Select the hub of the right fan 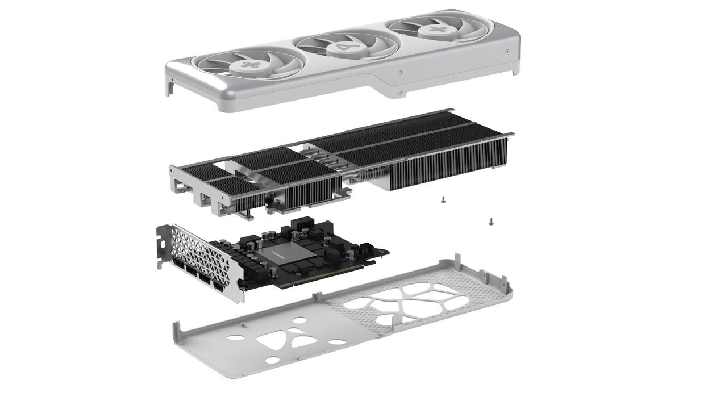click(436, 29)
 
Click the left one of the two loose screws click(443, 199)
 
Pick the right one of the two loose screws click(491, 222)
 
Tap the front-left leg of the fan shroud click(169, 88)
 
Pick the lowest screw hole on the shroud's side click(401, 93)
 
